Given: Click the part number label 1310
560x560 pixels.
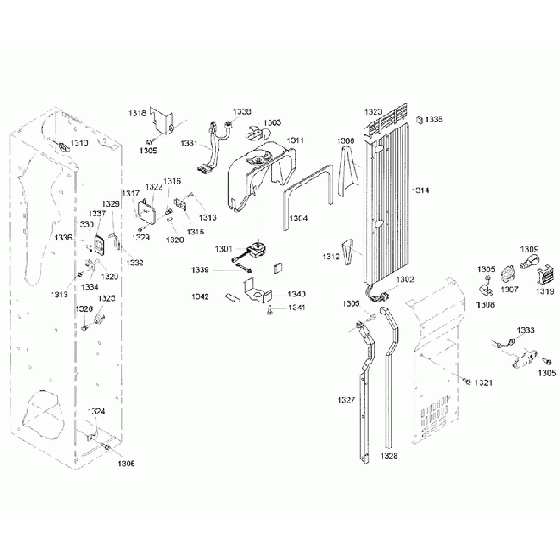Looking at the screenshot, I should [x=79, y=142].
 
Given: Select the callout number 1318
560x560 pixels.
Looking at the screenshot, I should [x=138, y=113].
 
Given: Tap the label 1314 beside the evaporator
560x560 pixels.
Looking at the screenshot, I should [x=420, y=189].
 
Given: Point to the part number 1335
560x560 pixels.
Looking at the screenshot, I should [x=433, y=120].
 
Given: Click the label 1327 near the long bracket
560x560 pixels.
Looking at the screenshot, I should [x=346, y=401].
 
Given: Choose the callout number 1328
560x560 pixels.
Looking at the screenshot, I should [x=389, y=456].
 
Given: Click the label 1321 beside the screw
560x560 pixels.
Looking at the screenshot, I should [x=483, y=383].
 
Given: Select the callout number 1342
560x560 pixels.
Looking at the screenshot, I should [x=200, y=296].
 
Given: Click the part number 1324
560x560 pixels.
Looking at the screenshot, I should [x=96, y=411].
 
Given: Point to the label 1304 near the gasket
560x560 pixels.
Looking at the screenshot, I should [x=298, y=219].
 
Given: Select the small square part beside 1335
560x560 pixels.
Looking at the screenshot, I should [x=419, y=121].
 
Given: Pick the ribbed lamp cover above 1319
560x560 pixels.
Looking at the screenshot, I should [x=545, y=275].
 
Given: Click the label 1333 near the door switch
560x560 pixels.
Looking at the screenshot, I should [x=526, y=330].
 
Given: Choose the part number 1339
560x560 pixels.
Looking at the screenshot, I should [x=200, y=270].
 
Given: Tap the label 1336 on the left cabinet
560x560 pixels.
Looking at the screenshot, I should [x=64, y=237].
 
